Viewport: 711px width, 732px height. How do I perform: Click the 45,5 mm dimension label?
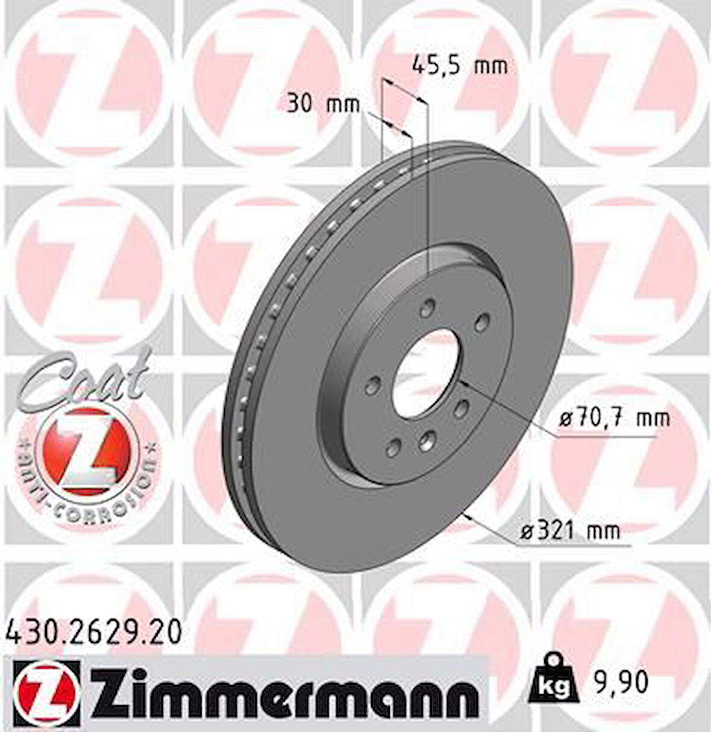tap(459, 65)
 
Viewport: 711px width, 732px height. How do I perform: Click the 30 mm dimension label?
tap(322, 104)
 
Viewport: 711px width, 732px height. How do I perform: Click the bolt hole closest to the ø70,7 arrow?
tap(462, 408)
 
